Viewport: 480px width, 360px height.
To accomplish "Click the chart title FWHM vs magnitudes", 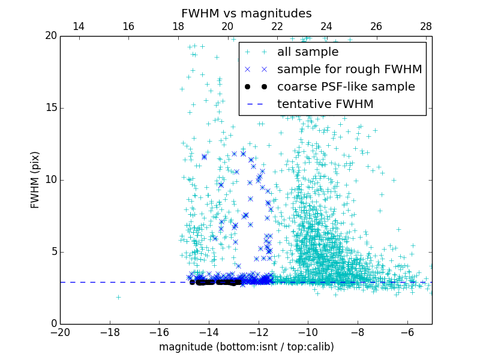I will (x=246, y=13).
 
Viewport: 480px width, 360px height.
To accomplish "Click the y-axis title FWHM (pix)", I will (x=35, y=179).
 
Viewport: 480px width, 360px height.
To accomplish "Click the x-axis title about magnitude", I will (x=246, y=347).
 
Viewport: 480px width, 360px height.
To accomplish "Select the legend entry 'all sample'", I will (x=308, y=52).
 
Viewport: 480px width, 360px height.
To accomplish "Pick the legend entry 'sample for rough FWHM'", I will (x=349, y=70).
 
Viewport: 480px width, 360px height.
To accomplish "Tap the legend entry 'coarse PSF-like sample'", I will (x=346, y=87).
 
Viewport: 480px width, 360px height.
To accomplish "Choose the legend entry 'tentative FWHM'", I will (x=325, y=104).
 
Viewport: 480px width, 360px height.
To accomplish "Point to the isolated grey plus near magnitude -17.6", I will (x=118, y=297).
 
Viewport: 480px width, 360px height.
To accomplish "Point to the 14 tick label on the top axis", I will (x=78, y=26).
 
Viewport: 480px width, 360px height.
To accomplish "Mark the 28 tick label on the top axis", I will (x=425, y=26).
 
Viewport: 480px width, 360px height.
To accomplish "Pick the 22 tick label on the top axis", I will (x=277, y=26).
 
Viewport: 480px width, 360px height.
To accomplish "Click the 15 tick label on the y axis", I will (x=50, y=108).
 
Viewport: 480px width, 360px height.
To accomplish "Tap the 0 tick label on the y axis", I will (x=53, y=324).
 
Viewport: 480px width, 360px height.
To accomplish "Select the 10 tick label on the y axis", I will (x=50, y=180).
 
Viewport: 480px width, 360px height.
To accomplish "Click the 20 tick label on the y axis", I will (x=50, y=36).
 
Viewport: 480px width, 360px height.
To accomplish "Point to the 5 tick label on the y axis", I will (x=53, y=252).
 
